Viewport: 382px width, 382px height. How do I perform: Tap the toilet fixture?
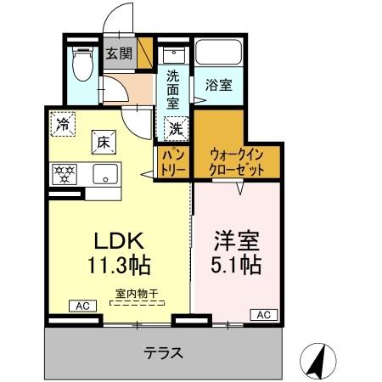82,63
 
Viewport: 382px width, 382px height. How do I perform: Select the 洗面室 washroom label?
173,87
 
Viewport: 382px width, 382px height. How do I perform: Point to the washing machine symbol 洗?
175,129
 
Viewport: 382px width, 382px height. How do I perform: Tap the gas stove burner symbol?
63,175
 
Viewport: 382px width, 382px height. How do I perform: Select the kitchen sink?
105,175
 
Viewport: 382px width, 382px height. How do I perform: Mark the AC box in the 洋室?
262,315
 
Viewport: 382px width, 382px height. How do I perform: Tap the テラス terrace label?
162,351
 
